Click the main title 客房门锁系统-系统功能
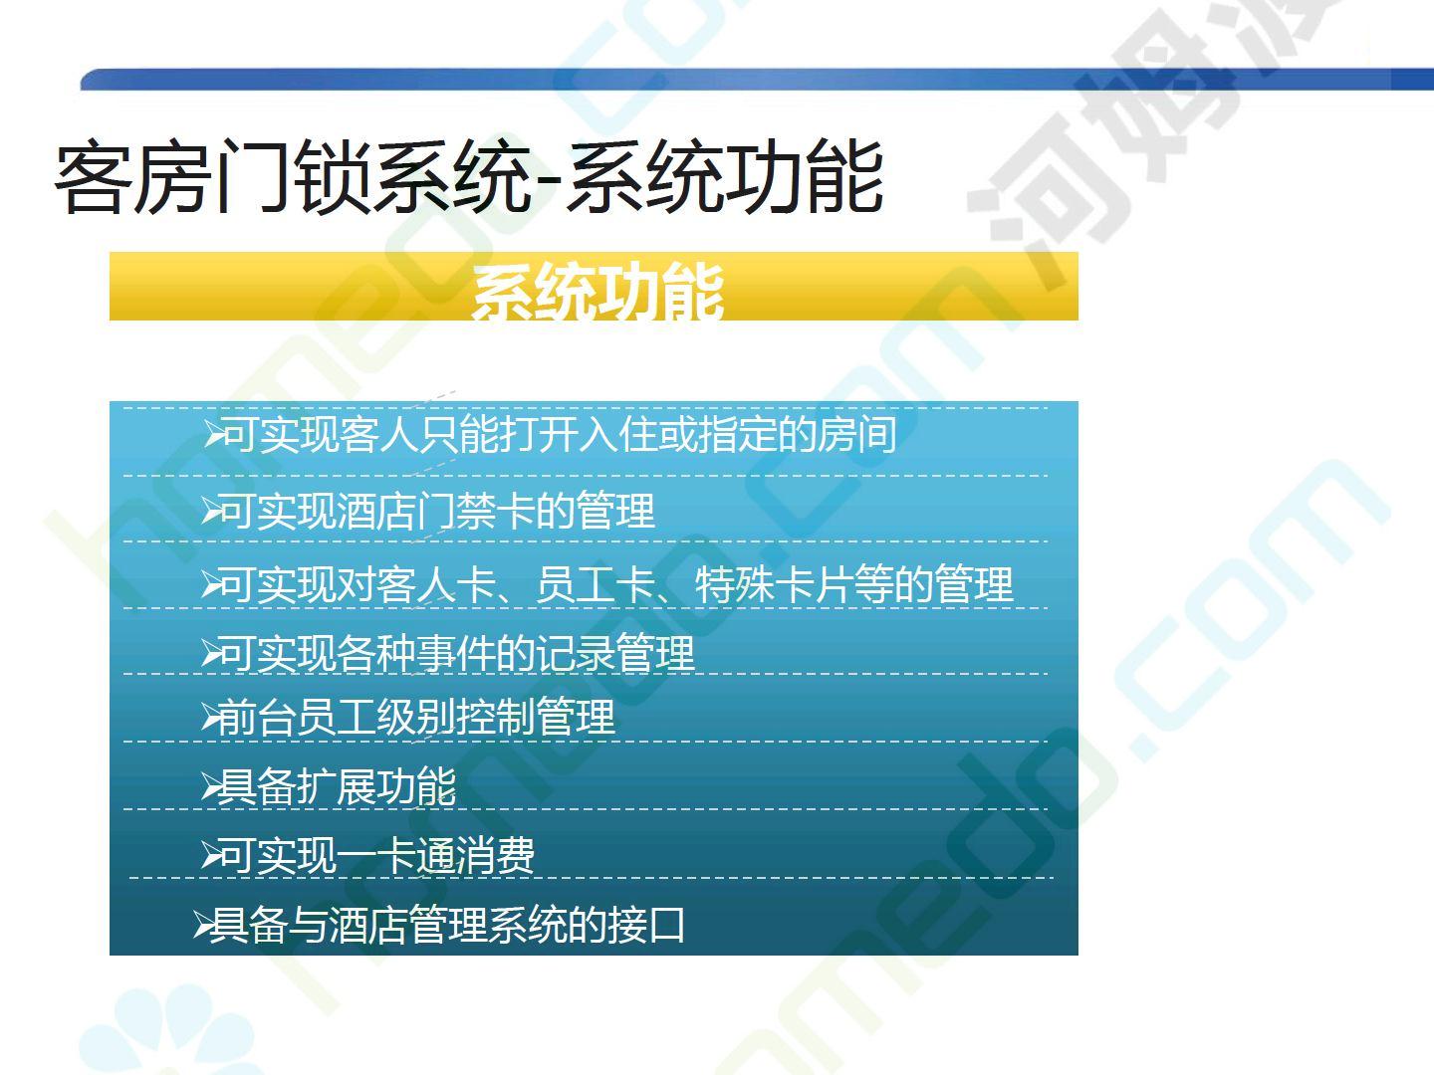tap(469, 177)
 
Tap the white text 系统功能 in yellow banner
tap(597, 291)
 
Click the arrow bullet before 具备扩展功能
tap(210, 787)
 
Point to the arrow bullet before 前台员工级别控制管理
tap(210, 718)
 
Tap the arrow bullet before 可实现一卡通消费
tap(211, 856)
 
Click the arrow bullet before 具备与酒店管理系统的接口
tap(202, 926)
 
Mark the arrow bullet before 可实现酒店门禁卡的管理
tap(211, 511)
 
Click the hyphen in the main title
tap(548, 184)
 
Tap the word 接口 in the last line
tap(645, 925)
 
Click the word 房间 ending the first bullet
tap(856, 434)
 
